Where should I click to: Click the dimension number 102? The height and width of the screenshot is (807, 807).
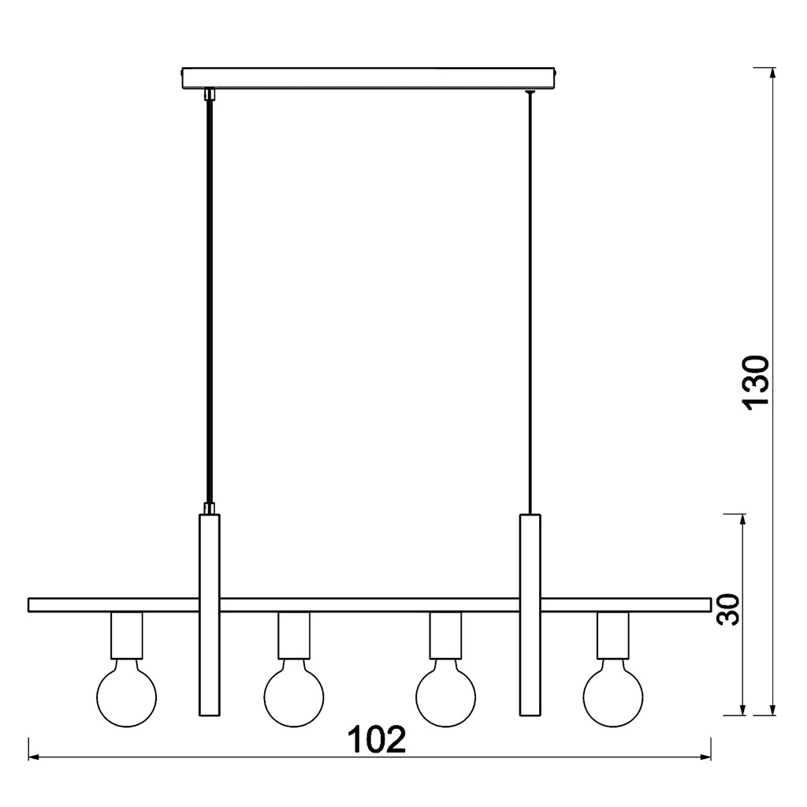(377, 739)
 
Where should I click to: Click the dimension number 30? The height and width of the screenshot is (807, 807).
(728, 609)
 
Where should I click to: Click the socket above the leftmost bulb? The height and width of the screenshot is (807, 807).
(127, 636)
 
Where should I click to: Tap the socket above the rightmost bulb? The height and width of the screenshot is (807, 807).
(613, 636)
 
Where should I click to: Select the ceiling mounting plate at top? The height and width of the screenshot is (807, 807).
(369, 77)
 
